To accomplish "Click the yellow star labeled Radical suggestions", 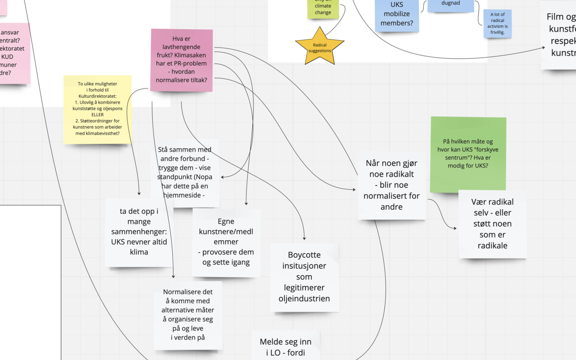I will point(320,47).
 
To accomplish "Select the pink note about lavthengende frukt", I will point(182,60).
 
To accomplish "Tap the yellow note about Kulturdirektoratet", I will point(98,109).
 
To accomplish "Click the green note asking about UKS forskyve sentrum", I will point(468,154).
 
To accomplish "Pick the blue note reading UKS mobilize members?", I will point(397,15).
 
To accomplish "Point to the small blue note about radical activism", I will point(497,23).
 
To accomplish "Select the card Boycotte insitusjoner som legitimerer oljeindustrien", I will point(304,277).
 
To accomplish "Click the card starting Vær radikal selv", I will point(492,224).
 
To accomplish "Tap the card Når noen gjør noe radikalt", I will point(391,185).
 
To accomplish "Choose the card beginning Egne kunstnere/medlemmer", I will point(226,242).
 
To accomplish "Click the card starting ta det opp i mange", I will point(139,232).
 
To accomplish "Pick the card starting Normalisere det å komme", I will point(188,315).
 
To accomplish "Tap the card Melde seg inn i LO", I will point(285,347).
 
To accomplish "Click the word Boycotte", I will point(304,255).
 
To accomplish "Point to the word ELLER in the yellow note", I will point(98,115).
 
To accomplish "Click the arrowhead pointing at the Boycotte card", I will point(304,238).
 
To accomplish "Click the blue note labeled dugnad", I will point(450,4).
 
